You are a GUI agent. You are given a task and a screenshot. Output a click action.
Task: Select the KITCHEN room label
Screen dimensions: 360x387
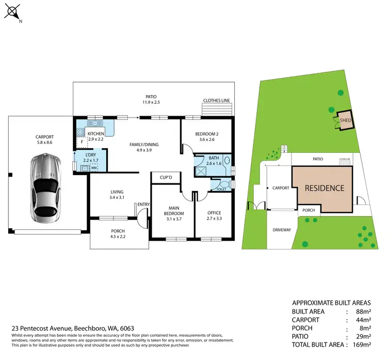pyautogui.click(x=96, y=134)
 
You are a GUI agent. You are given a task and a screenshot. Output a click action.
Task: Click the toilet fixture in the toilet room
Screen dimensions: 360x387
pyautogui.click(x=224, y=183)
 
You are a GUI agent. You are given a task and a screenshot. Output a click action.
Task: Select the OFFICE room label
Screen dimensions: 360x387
pyautogui.click(x=214, y=212)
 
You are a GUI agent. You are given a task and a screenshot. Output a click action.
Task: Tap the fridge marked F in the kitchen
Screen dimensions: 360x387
pyautogui.click(x=80, y=141)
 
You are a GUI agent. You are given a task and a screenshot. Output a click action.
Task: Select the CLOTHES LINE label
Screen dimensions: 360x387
pyautogui.click(x=216, y=101)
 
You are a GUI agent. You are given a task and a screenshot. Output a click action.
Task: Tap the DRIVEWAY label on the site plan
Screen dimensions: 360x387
pyautogui.click(x=281, y=230)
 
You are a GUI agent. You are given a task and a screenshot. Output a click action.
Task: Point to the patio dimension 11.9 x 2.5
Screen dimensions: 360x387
pyautogui.click(x=151, y=102)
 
